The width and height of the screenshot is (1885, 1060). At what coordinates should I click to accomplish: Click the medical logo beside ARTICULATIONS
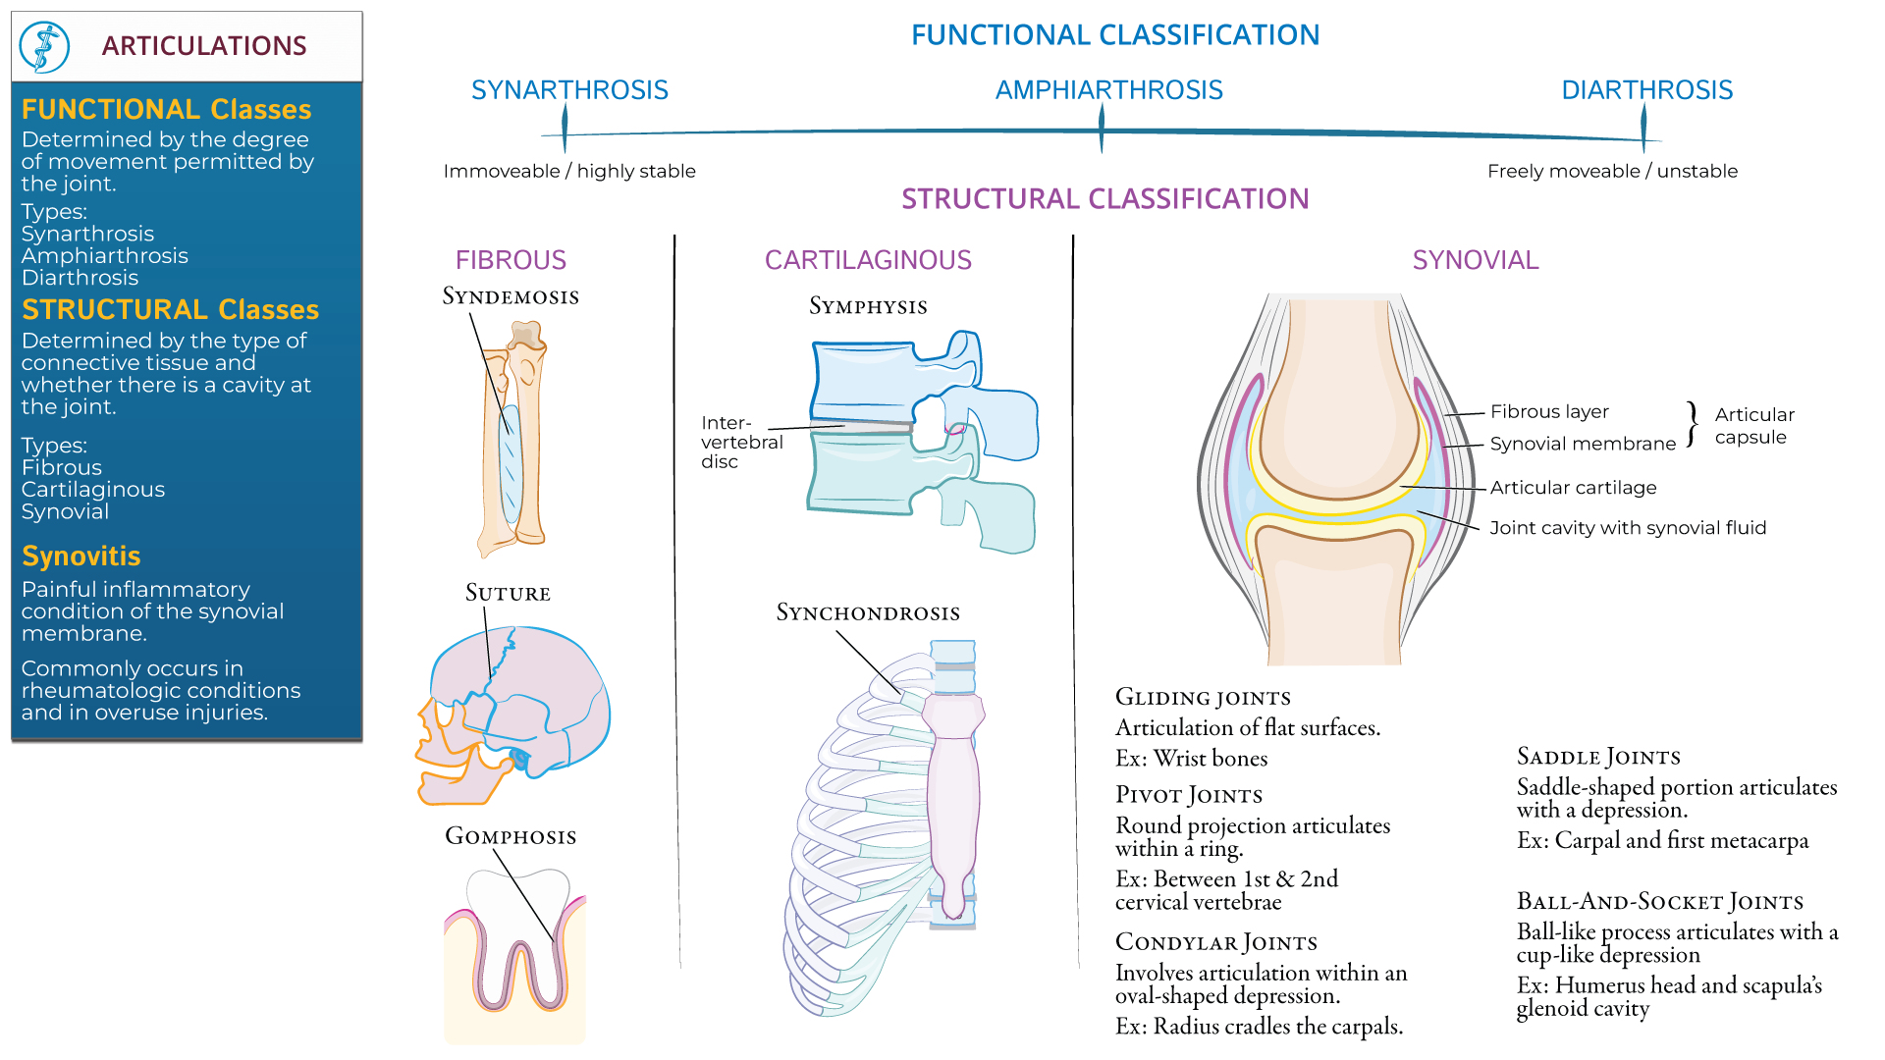tap(44, 46)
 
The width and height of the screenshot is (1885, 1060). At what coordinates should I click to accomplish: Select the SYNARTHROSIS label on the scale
tap(569, 90)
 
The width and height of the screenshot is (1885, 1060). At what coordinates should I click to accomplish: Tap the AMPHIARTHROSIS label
tap(1108, 90)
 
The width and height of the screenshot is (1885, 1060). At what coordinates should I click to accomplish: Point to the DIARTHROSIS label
tap(1646, 90)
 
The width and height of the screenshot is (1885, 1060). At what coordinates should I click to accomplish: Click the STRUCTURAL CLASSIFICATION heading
tap(1104, 199)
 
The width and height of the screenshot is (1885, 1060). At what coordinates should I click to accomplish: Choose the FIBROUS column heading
tap(511, 260)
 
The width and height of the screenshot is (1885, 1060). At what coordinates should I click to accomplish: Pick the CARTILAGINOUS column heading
tap(868, 260)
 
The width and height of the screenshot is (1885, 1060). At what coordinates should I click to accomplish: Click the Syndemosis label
tap(511, 296)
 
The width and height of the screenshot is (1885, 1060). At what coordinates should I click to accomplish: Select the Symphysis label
tap(868, 306)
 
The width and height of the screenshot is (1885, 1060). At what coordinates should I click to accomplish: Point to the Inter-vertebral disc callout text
tap(741, 442)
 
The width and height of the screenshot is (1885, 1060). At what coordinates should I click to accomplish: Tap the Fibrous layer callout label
tap(1549, 412)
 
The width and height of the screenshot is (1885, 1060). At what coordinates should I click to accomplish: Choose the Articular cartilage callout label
tap(1573, 488)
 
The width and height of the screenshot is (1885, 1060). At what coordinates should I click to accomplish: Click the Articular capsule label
tap(1753, 426)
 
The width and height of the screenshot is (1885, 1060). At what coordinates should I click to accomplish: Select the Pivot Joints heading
tap(1188, 795)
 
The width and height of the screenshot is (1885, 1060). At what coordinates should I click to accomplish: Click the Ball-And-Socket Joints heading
tap(1659, 902)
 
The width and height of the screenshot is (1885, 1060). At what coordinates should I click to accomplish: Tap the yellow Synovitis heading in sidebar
tap(81, 556)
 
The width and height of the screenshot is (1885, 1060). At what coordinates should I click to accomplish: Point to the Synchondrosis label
tap(868, 613)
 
